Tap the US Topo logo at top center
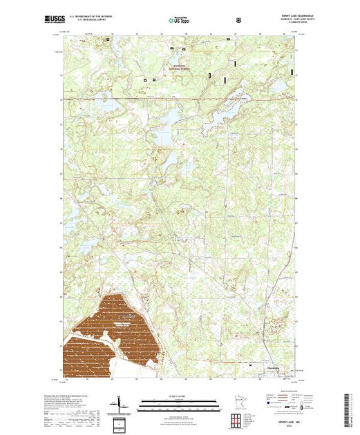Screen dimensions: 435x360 [x=180, y=20]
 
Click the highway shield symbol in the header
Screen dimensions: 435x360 [x=239, y=20]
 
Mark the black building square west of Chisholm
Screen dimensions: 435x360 [x=250, y=360]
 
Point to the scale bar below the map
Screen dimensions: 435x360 [x=179, y=403]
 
